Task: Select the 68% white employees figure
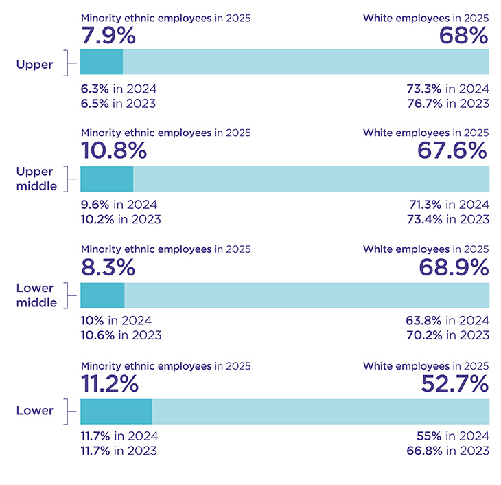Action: pyautogui.click(x=464, y=35)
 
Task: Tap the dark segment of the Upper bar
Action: pyautogui.click(x=102, y=62)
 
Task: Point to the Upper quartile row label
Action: pyautogui.click(x=35, y=65)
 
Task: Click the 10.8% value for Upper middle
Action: pyautogui.click(x=114, y=150)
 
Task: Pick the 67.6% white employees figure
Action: pyautogui.click(x=453, y=150)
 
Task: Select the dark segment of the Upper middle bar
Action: pyautogui.click(x=106, y=179)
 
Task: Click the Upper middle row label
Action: pyautogui.click(x=36, y=179)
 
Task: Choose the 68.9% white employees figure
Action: pyautogui.click(x=453, y=267)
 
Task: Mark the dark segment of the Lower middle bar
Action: pyautogui.click(x=102, y=295)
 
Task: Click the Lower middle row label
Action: pyautogui.click(x=36, y=295)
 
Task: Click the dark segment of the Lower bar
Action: pyautogui.click(x=116, y=411)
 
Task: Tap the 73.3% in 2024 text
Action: pyautogui.click(x=448, y=89)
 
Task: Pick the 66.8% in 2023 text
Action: pyautogui.click(x=447, y=451)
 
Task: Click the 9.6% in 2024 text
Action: pyautogui.click(x=119, y=205)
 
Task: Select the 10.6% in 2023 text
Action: pyautogui.click(x=121, y=335)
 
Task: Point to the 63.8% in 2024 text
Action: pyautogui.click(x=447, y=321)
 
